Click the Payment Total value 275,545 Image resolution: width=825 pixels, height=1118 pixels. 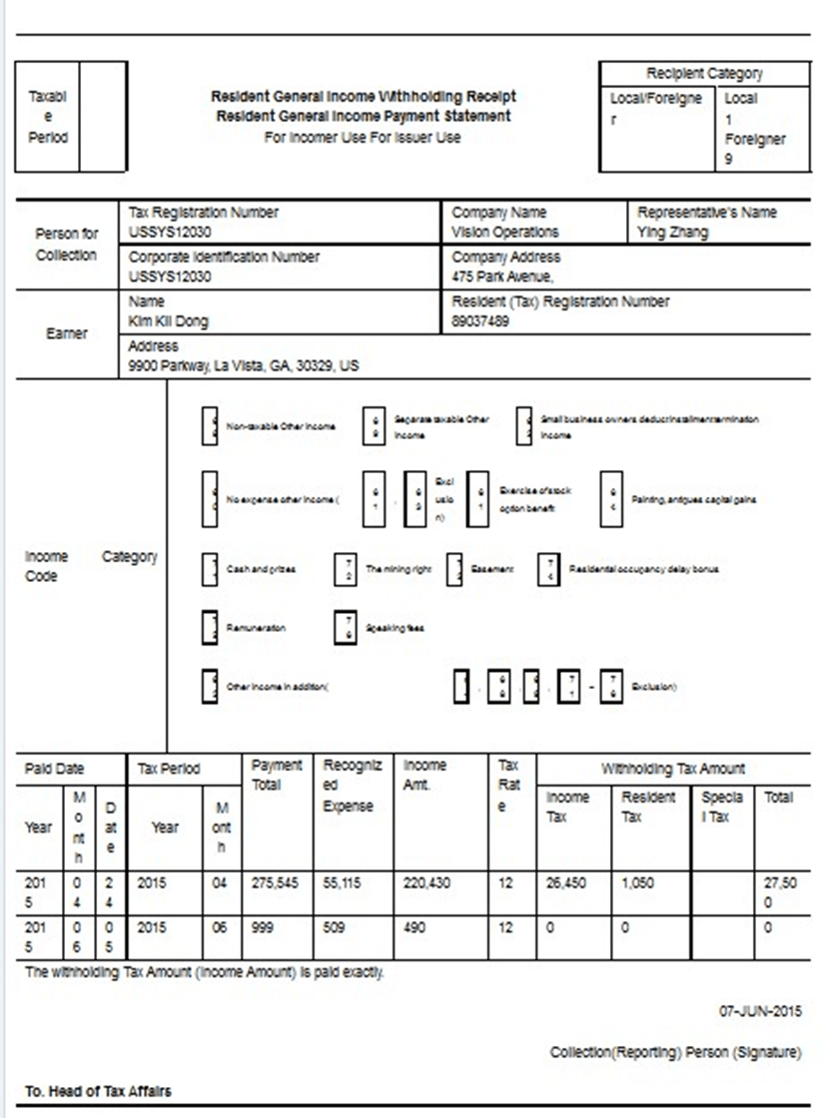point(274,883)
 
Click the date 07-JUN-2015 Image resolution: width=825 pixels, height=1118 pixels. point(760,1011)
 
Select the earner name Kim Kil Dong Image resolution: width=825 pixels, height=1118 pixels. point(169,321)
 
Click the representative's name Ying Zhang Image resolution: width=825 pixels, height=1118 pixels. point(673,232)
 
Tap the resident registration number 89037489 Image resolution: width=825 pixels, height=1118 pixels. point(480,321)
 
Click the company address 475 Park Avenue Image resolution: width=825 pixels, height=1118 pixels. point(501,277)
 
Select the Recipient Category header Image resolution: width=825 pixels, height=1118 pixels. point(704,74)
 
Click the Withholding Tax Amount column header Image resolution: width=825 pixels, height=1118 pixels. point(672,769)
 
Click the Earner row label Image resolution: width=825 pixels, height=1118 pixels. point(67,333)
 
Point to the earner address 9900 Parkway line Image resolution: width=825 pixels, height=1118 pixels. point(243,366)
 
